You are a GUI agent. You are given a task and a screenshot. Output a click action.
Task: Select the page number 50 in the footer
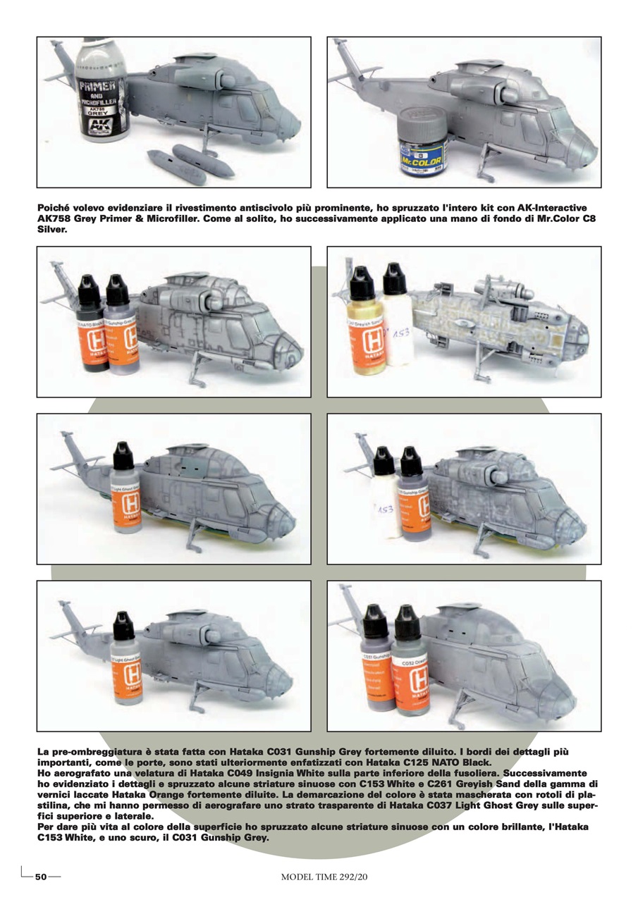pyautogui.click(x=41, y=877)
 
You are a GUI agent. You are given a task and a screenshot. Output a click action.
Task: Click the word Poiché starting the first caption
pyautogui.click(x=56, y=209)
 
